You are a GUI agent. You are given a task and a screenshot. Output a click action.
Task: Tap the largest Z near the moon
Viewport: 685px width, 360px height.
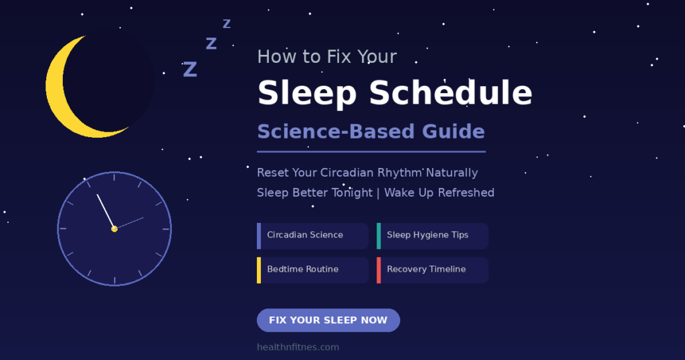click(190, 70)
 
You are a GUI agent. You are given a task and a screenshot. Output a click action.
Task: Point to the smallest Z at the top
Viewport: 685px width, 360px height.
click(227, 23)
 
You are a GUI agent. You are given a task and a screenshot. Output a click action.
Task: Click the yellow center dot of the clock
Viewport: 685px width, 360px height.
click(114, 229)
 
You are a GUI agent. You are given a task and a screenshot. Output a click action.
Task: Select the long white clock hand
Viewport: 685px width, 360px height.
click(106, 211)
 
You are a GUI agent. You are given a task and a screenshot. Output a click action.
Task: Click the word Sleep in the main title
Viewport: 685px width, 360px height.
click(307, 93)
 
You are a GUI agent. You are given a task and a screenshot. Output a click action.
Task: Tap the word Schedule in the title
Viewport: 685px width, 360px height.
click(451, 92)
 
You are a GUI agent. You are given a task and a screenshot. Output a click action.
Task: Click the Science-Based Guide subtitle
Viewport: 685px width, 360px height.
click(371, 132)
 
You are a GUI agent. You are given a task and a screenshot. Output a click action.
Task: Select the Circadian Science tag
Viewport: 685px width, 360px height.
click(313, 236)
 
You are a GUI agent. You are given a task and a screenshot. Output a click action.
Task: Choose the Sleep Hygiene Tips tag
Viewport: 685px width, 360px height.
click(433, 236)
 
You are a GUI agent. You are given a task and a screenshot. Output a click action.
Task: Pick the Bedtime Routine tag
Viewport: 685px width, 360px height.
click(313, 270)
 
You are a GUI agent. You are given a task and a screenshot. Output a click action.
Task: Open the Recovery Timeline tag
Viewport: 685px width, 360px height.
click(433, 270)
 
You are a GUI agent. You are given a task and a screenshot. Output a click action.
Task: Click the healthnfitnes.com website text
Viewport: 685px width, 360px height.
click(298, 347)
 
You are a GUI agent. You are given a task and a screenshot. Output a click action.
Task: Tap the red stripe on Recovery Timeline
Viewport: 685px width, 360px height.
click(379, 270)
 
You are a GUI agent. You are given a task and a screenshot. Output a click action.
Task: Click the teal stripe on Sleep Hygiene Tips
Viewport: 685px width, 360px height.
click(379, 236)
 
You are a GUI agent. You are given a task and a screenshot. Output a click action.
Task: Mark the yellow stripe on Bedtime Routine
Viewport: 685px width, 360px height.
click(259, 270)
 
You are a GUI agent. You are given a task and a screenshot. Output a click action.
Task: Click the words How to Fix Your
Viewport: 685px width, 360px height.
click(327, 57)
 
